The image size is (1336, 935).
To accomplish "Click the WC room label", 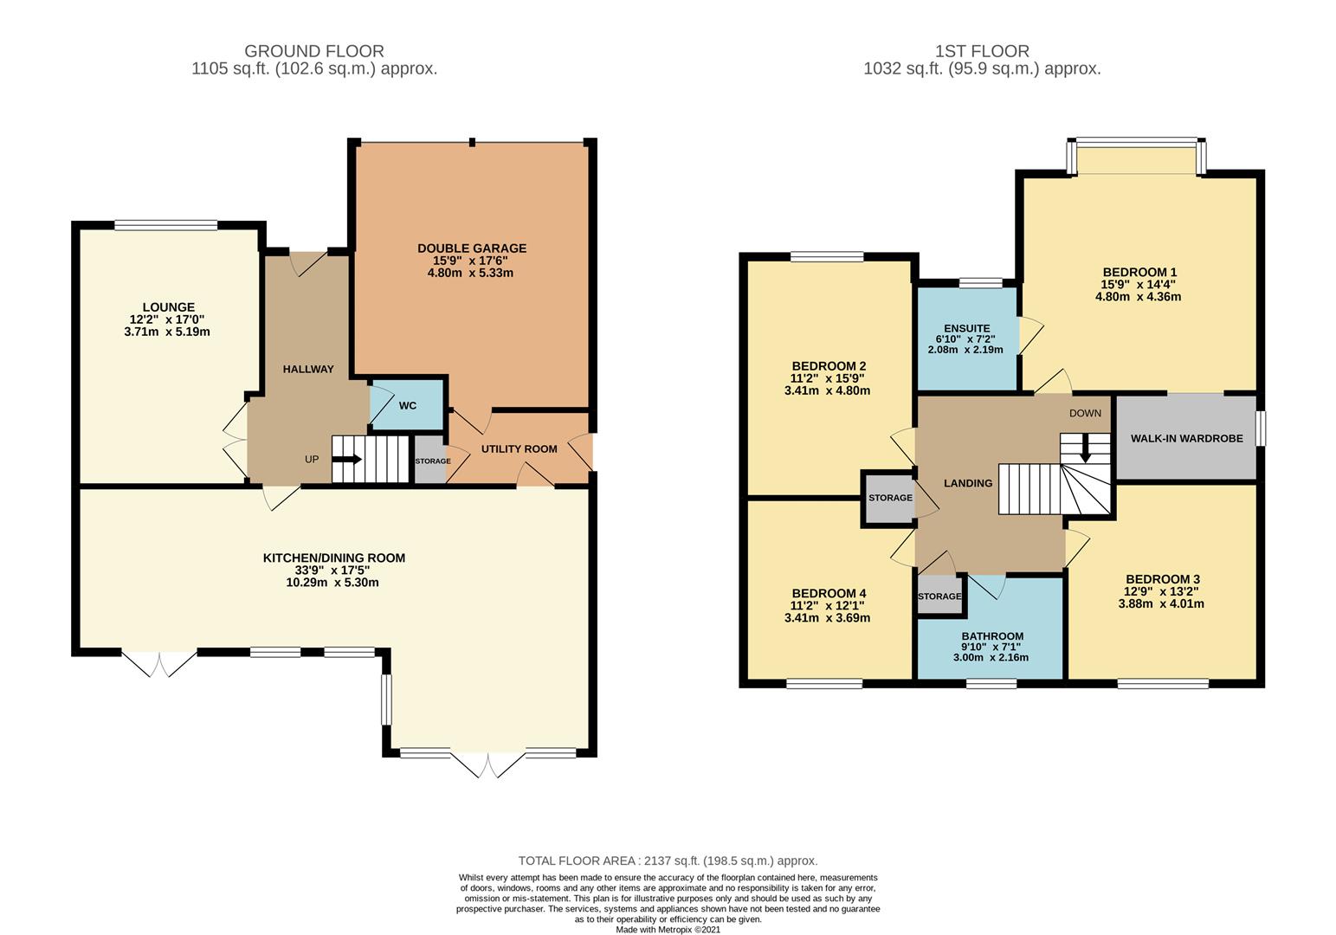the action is pyautogui.click(x=407, y=405).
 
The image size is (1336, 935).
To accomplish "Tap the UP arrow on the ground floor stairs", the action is pyautogui.click(x=347, y=459).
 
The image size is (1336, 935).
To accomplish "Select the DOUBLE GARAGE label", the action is pyautogui.click(x=472, y=248).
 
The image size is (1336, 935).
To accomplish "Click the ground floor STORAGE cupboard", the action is pyautogui.click(x=430, y=461).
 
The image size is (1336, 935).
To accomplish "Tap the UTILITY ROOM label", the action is pyautogui.click(x=519, y=449).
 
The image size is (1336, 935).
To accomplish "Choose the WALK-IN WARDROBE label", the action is pyautogui.click(x=1187, y=438).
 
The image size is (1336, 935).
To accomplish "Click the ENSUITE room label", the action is pyautogui.click(x=967, y=328).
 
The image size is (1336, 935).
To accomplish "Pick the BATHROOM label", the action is pyautogui.click(x=992, y=636).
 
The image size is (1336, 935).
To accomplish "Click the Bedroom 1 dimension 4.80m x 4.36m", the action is pyautogui.click(x=1138, y=296).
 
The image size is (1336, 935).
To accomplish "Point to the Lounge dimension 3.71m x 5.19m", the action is pyautogui.click(x=167, y=332).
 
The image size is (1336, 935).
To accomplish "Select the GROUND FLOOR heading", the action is pyautogui.click(x=314, y=51).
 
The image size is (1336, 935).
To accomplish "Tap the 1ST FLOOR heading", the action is pyautogui.click(x=983, y=51).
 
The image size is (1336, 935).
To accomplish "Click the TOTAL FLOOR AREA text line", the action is pyautogui.click(x=668, y=861).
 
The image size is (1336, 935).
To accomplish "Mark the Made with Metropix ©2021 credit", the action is pyautogui.click(x=668, y=929).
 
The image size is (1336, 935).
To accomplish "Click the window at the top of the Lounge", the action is pyautogui.click(x=165, y=225).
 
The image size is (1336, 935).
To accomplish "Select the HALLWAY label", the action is pyautogui.click(x=308, y=369).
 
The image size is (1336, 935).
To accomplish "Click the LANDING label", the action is pyautogui.click(x=968, y=483).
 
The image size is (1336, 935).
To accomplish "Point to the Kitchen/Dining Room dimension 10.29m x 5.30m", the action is pyautogui.click(x=332, y=583).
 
